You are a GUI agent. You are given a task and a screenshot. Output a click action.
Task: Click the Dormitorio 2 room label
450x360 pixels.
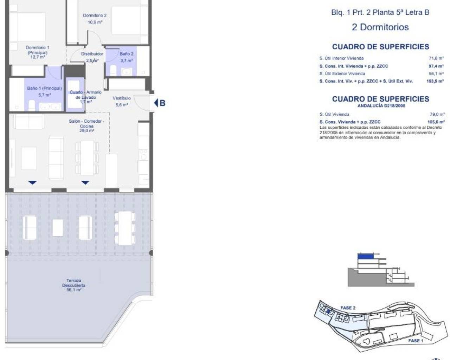point(95,15)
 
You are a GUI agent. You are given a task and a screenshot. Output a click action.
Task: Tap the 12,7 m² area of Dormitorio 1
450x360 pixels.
point(38,57)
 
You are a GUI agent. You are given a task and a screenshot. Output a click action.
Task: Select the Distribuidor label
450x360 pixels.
point(92,54)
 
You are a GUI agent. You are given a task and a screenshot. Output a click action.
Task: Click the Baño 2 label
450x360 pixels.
point(127,54)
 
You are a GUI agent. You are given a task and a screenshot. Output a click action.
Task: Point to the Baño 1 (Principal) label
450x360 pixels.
point(45,88)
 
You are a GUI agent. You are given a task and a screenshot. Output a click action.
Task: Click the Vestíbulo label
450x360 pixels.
point(122,98)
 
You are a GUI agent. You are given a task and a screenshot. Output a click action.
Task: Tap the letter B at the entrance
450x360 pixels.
point(162,103)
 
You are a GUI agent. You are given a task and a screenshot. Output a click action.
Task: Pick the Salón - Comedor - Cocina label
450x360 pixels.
point(86,124)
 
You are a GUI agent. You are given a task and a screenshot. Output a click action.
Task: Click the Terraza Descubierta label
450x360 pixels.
point(73,283)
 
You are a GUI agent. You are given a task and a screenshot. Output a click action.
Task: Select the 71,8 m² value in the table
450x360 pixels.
point(436,58)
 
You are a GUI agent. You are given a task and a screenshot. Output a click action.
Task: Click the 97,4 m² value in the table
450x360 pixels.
point(436,66)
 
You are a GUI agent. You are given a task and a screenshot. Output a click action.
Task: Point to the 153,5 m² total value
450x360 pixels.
point(435,81)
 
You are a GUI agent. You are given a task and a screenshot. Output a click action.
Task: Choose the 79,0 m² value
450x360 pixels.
point(437,114)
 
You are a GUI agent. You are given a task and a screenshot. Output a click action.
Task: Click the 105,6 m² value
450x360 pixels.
point(436,122)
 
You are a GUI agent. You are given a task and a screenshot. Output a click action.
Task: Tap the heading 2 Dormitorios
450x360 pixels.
point(380,27)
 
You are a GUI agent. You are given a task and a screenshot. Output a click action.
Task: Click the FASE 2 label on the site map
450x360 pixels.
point(348,308)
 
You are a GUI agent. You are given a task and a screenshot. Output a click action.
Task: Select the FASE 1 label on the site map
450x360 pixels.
point(416,341)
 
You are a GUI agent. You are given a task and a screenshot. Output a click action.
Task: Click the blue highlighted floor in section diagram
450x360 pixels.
point(366,256)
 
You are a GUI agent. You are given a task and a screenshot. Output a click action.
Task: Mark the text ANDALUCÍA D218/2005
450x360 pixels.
point(381,106)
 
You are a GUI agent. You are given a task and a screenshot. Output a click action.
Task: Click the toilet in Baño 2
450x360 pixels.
point(113,70)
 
